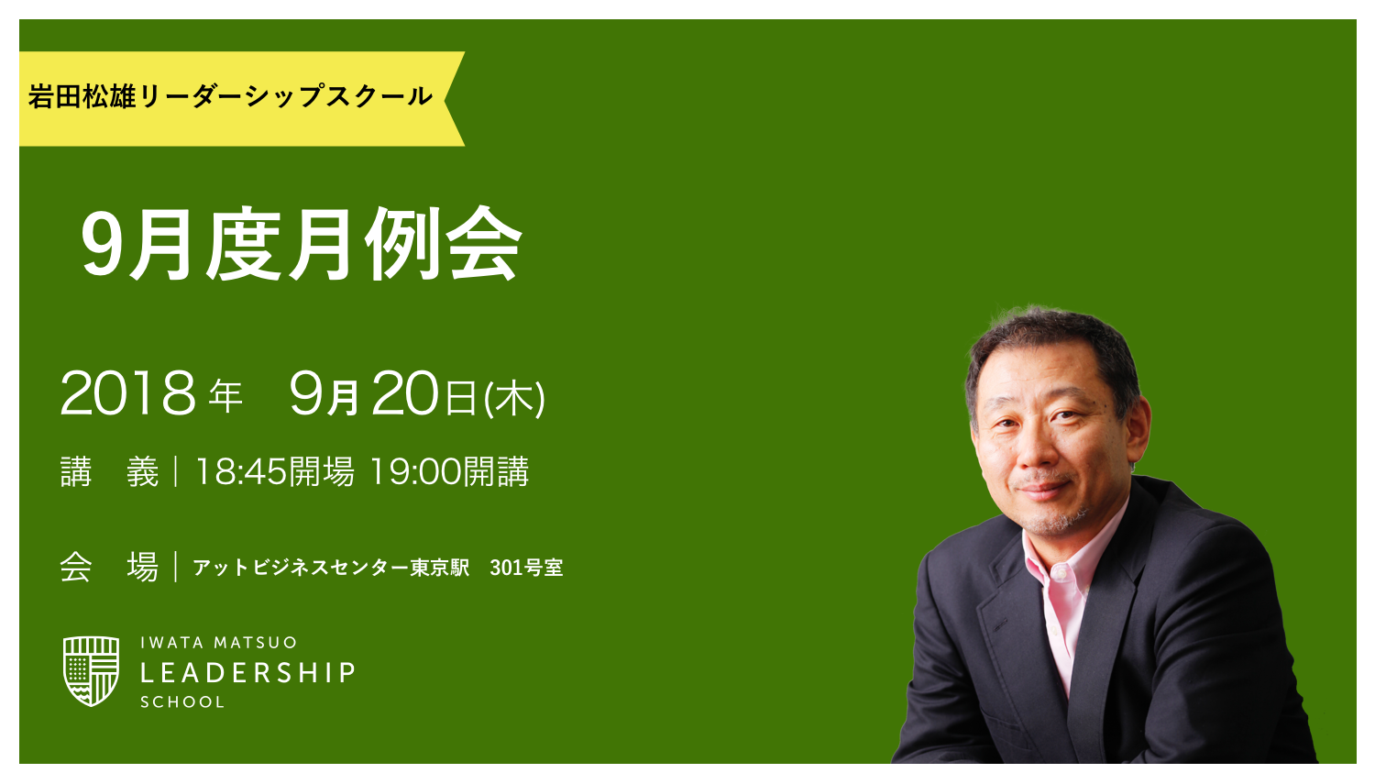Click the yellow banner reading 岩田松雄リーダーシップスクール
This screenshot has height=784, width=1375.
tap(229, 97)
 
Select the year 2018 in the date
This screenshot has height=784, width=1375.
tap(127, 394)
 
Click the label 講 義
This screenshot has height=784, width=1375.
tap(109, 472)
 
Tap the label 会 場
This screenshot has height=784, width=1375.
tap(109, 567)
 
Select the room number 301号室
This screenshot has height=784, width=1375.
tap(526, 568)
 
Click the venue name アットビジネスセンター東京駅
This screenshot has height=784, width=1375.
tap(331, 568)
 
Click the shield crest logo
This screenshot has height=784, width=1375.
tap(91, 670)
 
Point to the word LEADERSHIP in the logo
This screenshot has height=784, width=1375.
tap(247, 673)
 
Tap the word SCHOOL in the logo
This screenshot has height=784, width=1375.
tap(182, 702)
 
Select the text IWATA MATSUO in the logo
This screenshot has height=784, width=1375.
tap(219, 643)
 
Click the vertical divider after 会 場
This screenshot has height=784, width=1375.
tap(175, 567)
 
